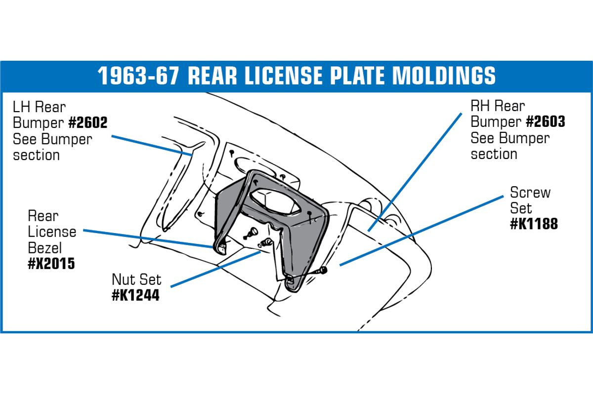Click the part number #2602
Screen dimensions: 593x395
(x=88, y=122)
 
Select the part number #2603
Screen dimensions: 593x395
(x=546, y=121)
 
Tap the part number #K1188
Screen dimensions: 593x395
(x=534, y=224)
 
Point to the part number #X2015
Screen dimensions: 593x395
(x=51, y=264)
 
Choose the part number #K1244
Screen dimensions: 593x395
(x=136, y=295)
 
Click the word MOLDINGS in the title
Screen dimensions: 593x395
(x=444, y=76)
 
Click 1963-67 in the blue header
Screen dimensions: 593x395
(x=138, y=76)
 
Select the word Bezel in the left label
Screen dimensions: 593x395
(x=45, y=248)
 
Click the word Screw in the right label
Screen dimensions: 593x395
(x=530, y=193)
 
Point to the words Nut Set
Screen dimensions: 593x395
(x=136, y=279)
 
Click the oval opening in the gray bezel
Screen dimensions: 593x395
(x=276, y=201)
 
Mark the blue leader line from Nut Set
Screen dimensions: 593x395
(x=216, y=269)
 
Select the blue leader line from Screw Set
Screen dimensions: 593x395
(x=422, y=231)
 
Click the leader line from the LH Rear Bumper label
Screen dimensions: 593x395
(x=152, y=146)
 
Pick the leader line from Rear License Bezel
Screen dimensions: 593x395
(x=148, y=238)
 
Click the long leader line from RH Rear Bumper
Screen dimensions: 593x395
(x=415, y=172)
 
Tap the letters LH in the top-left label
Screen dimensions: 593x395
(x=22, y=107)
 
